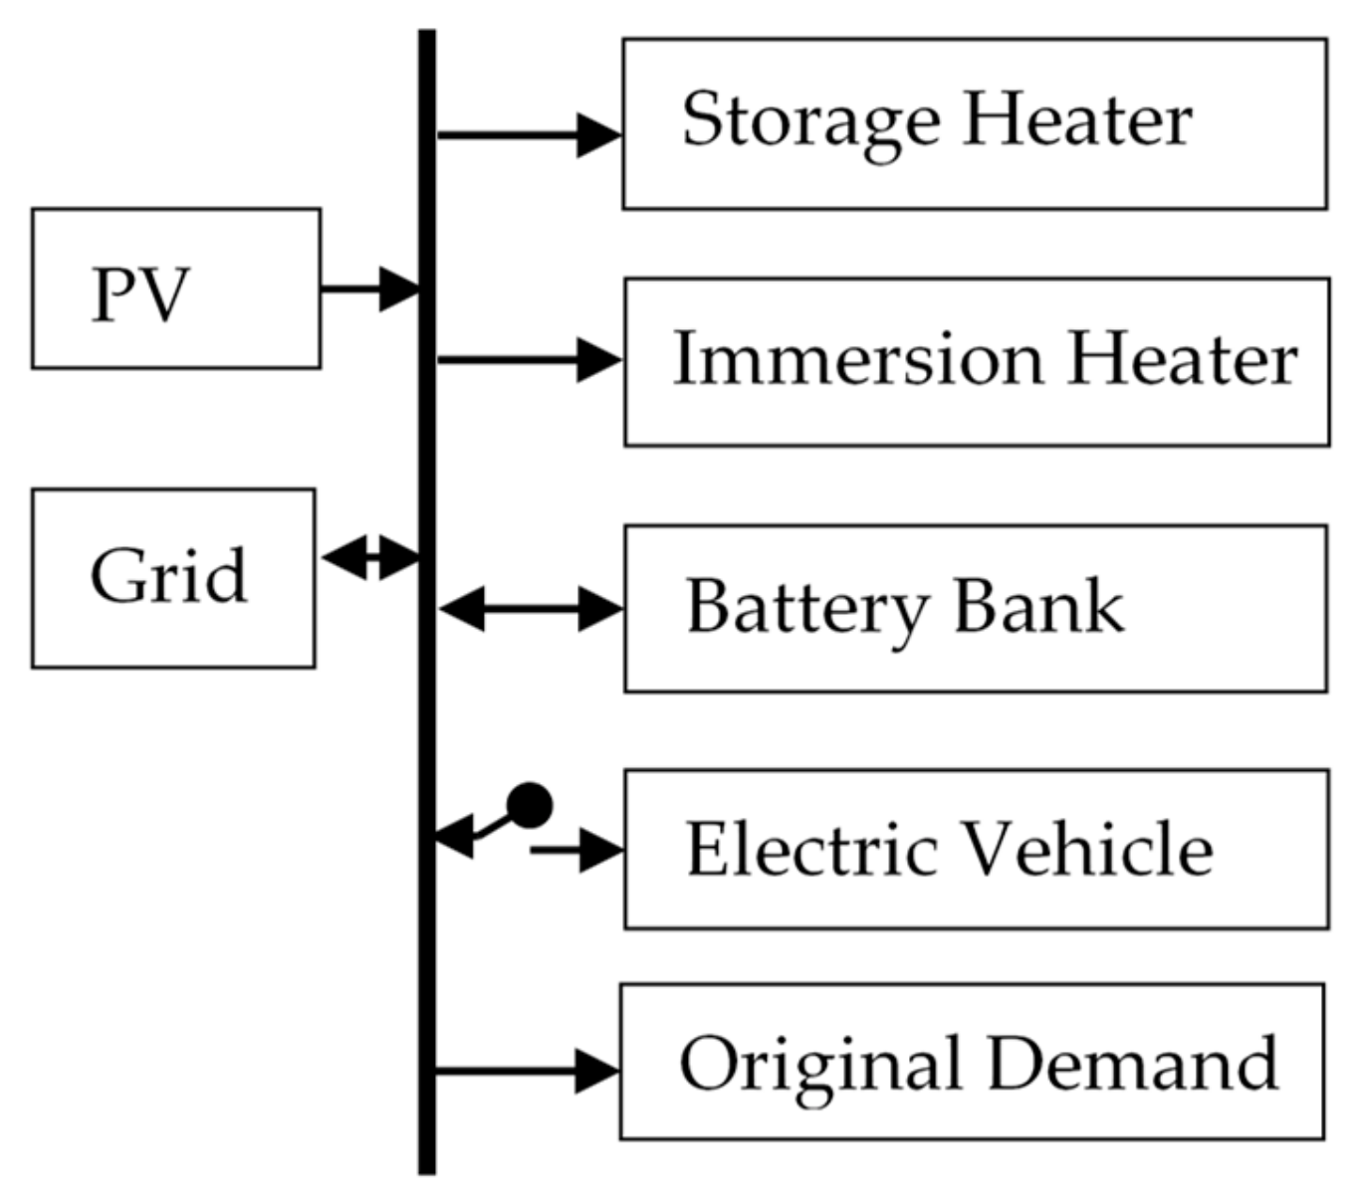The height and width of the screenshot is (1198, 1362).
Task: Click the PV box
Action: point(175,289)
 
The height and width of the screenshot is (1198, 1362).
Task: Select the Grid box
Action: point(173,577)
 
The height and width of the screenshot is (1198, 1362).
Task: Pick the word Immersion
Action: point(857,359)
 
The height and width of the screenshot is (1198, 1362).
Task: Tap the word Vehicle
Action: point(1089,850)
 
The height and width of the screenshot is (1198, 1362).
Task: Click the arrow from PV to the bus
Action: point(368,290)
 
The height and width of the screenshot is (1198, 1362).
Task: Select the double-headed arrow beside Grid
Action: point(369,558)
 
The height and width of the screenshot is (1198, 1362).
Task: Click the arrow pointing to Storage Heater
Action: point(528,134)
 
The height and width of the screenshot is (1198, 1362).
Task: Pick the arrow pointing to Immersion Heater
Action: point(528,359)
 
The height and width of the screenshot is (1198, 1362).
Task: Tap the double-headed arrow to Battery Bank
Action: point(530,609)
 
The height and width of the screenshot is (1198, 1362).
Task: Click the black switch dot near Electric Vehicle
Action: point(529,805)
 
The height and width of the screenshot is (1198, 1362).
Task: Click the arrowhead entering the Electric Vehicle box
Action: point(599,851)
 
